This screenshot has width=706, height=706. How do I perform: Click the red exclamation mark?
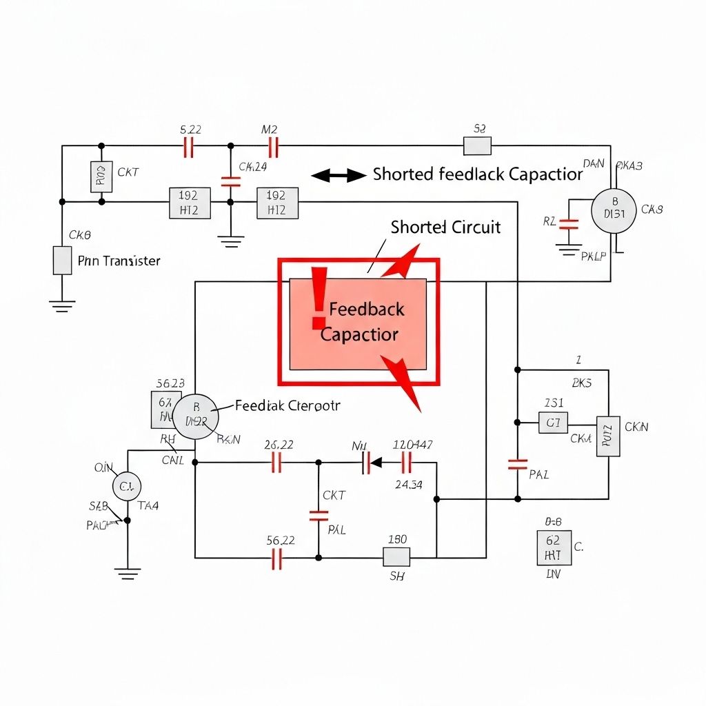click(318, 299)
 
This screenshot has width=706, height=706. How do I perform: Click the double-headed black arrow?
click(339, 176)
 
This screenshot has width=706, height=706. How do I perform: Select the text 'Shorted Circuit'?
click(445, 227)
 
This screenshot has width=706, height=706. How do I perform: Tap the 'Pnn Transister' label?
click(119, 261)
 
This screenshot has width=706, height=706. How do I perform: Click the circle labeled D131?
click(614, 211)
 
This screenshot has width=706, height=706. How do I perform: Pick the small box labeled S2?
click(477, 145)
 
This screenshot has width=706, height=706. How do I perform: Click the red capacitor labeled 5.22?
click(188, 146)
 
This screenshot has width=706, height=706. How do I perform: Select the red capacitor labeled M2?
click(273, 146)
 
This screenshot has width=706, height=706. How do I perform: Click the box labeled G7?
click(553, 423)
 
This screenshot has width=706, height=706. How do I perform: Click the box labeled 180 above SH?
click(396, 557)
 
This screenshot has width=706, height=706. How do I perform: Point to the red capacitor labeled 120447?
click(407, 463)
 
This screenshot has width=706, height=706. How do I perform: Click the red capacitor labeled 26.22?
click(277, 463)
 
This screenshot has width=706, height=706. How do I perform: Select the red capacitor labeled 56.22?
click(277, 558)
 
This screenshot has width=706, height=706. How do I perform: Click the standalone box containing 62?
click(552, 548)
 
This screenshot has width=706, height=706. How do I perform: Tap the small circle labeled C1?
click(126, 486)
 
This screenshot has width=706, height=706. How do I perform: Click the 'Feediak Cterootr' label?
click(288, 405)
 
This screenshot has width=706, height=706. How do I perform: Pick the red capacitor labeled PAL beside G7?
click(518, 464)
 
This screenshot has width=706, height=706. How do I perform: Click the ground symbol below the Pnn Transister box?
click(63, 305)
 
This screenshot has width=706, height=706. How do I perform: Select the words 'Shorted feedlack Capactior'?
click(478, 174)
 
